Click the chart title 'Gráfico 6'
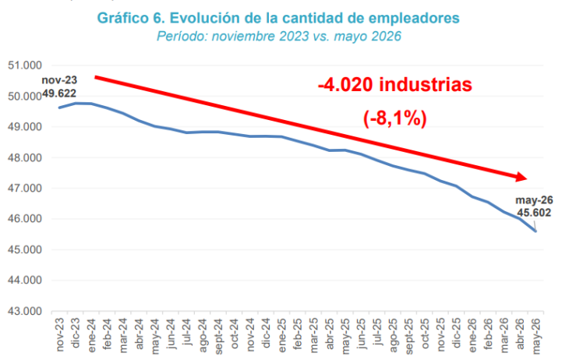(x=131, y=18)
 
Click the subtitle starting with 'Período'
(x=279, y=37)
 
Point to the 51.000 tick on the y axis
(x=25, y=65)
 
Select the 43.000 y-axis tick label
(x=25, y=311)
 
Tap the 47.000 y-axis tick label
(x=25, y=189)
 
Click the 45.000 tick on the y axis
(x=25, y=249)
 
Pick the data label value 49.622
(x=59, y=94)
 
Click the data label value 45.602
(x=534, y=213)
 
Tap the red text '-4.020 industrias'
(x=395, y=85)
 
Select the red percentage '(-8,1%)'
(x=395, y=118)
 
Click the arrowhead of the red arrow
(x=521, y=177)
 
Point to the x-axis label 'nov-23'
(x=60, y=334)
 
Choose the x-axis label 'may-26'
(x=536, y=336)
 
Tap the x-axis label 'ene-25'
(x=282, y=335)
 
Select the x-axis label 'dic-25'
(x=457, y=334)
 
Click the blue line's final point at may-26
(x=536, y=231)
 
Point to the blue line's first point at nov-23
(x=59, y=108)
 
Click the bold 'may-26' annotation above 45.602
(x=534, y=200)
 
